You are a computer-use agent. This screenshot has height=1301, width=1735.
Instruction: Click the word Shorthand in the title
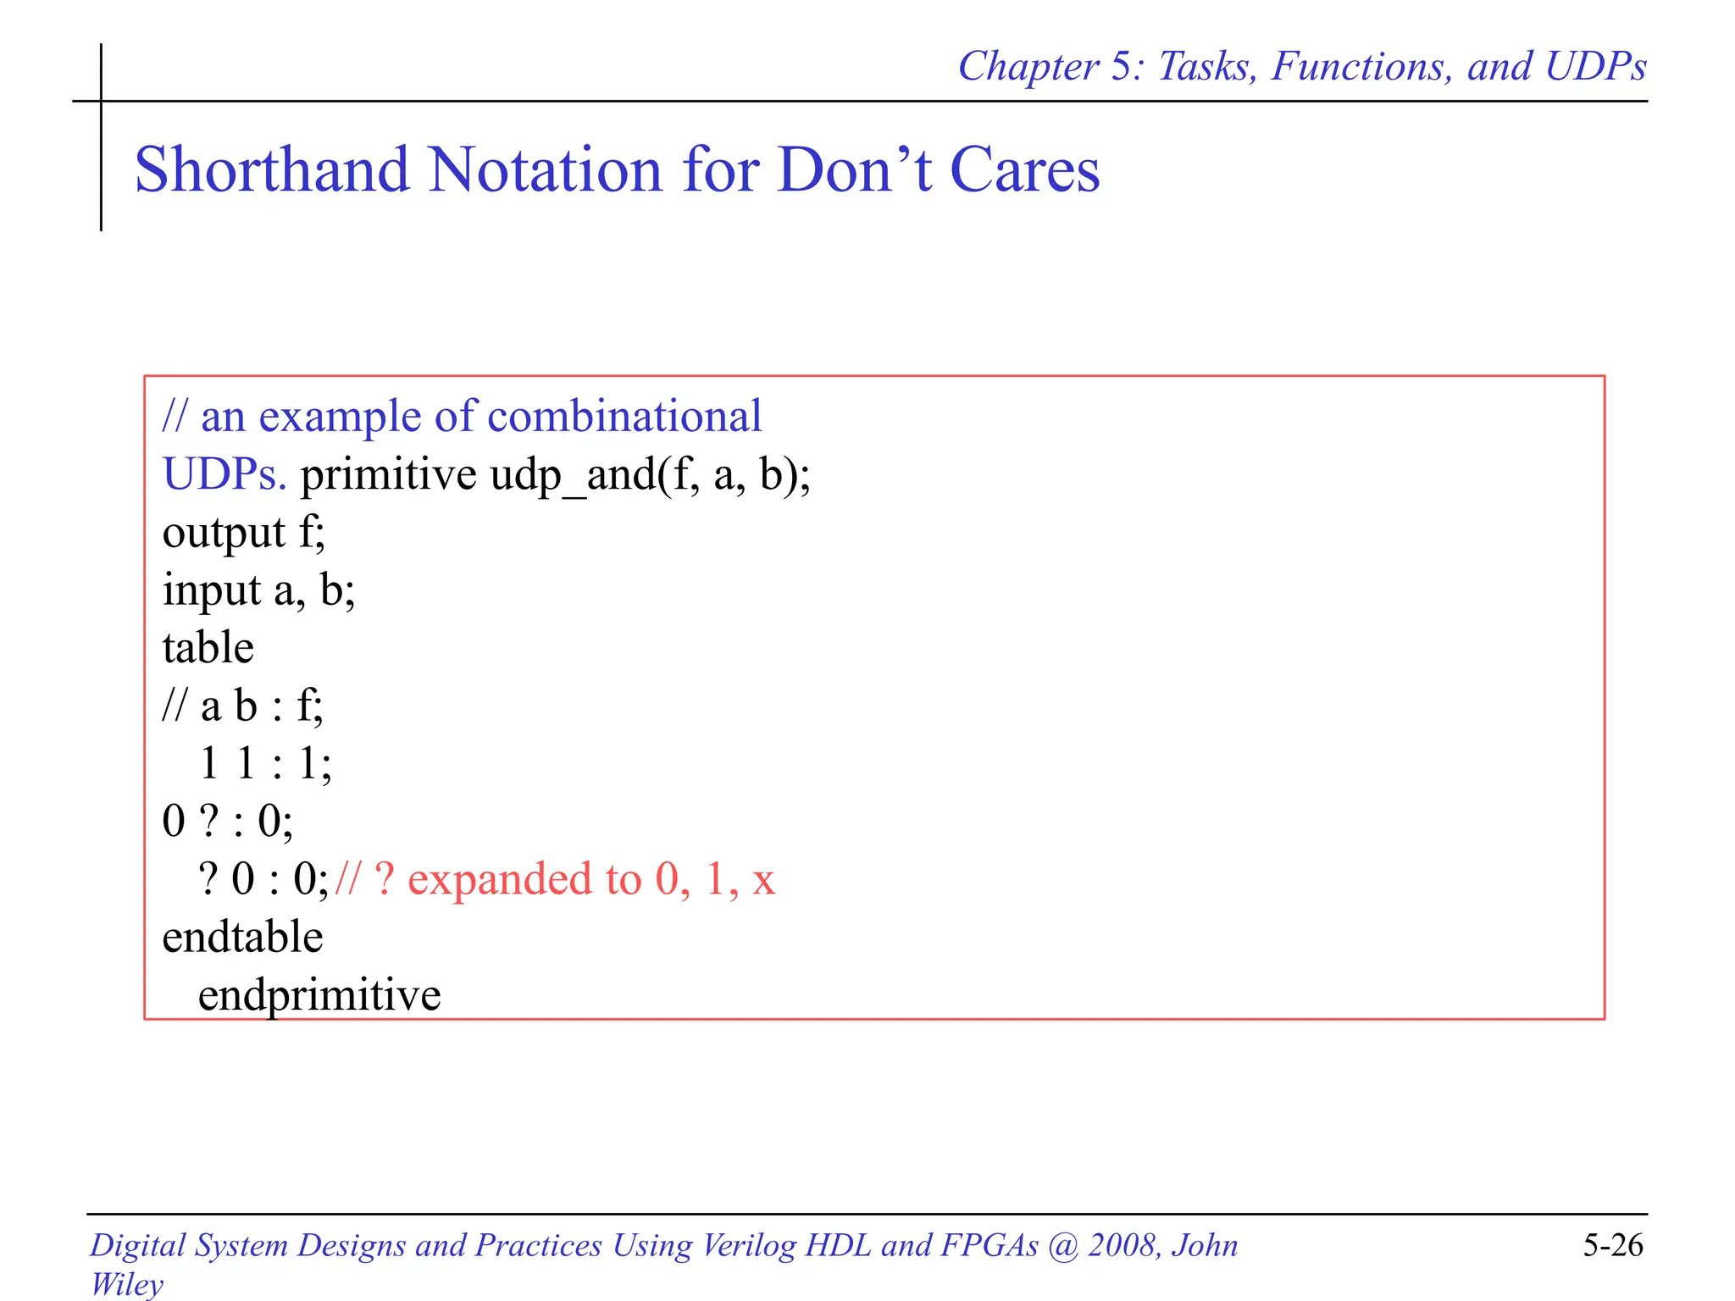tap(271, 169)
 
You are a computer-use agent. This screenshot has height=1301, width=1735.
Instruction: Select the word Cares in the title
tap(1024, 169)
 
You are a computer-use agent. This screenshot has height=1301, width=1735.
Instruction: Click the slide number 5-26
tap(1612, 1245)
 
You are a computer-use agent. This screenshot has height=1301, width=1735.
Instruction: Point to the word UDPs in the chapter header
tap(1595, 66)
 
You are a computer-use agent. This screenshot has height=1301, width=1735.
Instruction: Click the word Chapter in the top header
tap(1028, 66)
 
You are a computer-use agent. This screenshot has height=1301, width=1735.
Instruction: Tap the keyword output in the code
tap(224, 533)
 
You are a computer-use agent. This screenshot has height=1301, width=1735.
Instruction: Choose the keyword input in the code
tap(212, 590)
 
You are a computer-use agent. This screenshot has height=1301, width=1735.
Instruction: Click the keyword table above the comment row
tap(208, 648)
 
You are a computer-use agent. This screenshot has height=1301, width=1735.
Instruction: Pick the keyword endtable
tap(242, 938)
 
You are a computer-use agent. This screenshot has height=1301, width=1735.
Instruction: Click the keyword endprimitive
tap(319, 995)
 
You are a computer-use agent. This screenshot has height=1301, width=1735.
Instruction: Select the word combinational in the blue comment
tap(624, 417)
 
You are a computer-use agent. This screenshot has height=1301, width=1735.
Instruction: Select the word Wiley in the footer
tap(127, 1283)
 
